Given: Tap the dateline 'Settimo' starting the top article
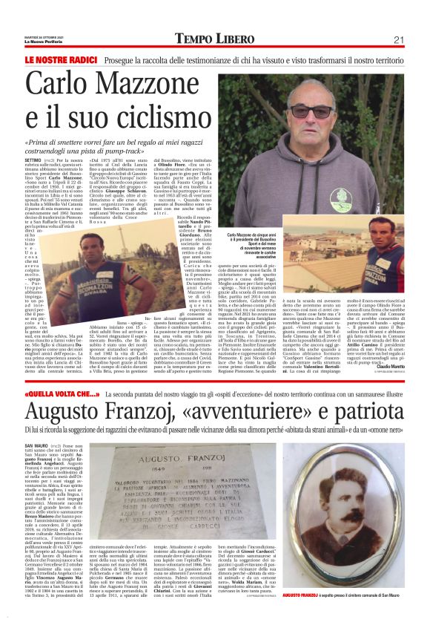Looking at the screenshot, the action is tap(33, 160).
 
